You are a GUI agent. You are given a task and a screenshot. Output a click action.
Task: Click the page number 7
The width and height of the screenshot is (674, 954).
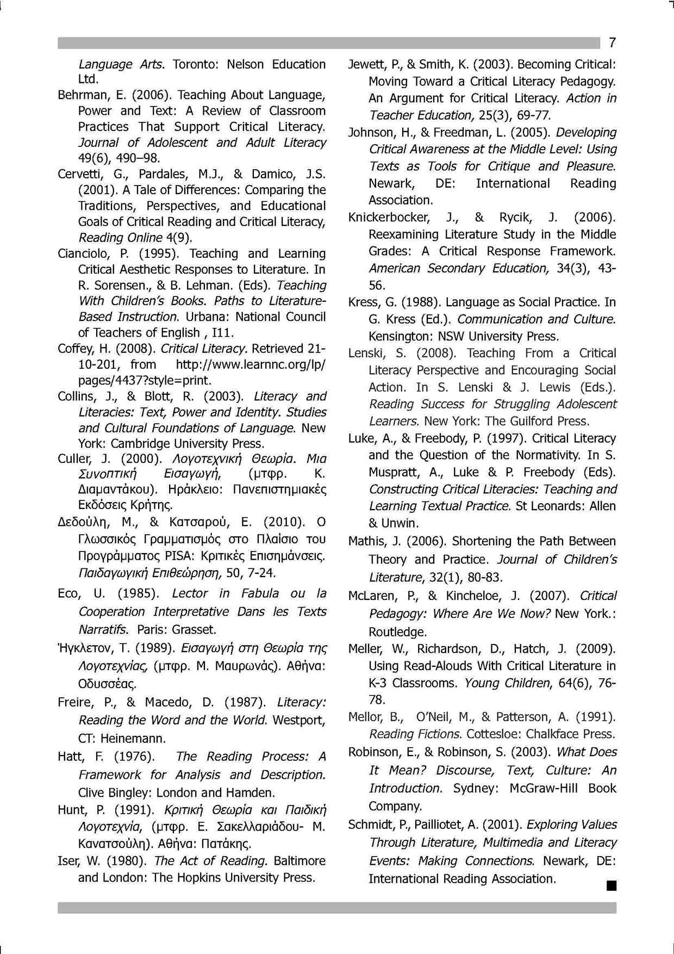coord(612,43)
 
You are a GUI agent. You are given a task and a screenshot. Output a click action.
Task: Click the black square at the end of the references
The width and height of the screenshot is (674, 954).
coord(611,886)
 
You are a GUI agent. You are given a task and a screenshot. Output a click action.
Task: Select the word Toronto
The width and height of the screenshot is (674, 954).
coord(193,64)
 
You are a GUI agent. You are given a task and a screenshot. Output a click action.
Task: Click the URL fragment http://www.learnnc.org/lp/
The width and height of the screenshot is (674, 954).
coord(251,364)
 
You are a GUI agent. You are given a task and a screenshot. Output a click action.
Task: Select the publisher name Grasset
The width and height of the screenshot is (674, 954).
coord(194,629)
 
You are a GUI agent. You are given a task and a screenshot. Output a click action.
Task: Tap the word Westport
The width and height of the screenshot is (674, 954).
coord(298,720)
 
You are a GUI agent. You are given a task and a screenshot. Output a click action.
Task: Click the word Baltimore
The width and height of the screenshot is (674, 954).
coord(299,861)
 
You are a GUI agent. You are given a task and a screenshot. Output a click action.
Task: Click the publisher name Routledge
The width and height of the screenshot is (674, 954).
coord(397,632)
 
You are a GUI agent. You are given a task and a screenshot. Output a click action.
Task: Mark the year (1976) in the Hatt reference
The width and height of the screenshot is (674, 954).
coord(134,757)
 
